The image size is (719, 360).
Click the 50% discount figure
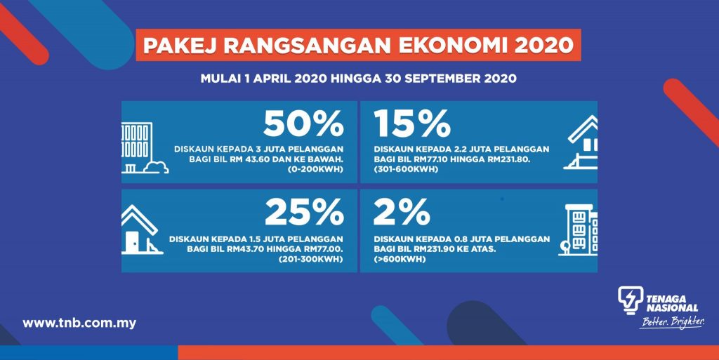[303, 124]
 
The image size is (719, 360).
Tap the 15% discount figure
[412, 124]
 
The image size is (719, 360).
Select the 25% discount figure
[305, 212]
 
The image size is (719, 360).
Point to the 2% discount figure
[402, 212]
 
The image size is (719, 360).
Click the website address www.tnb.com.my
[79, 323]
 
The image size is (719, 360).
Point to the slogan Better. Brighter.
[672, 322]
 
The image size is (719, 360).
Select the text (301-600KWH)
[406, 169]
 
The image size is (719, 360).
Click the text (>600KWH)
[400, 259]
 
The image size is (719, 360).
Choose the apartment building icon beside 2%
[578, 229]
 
